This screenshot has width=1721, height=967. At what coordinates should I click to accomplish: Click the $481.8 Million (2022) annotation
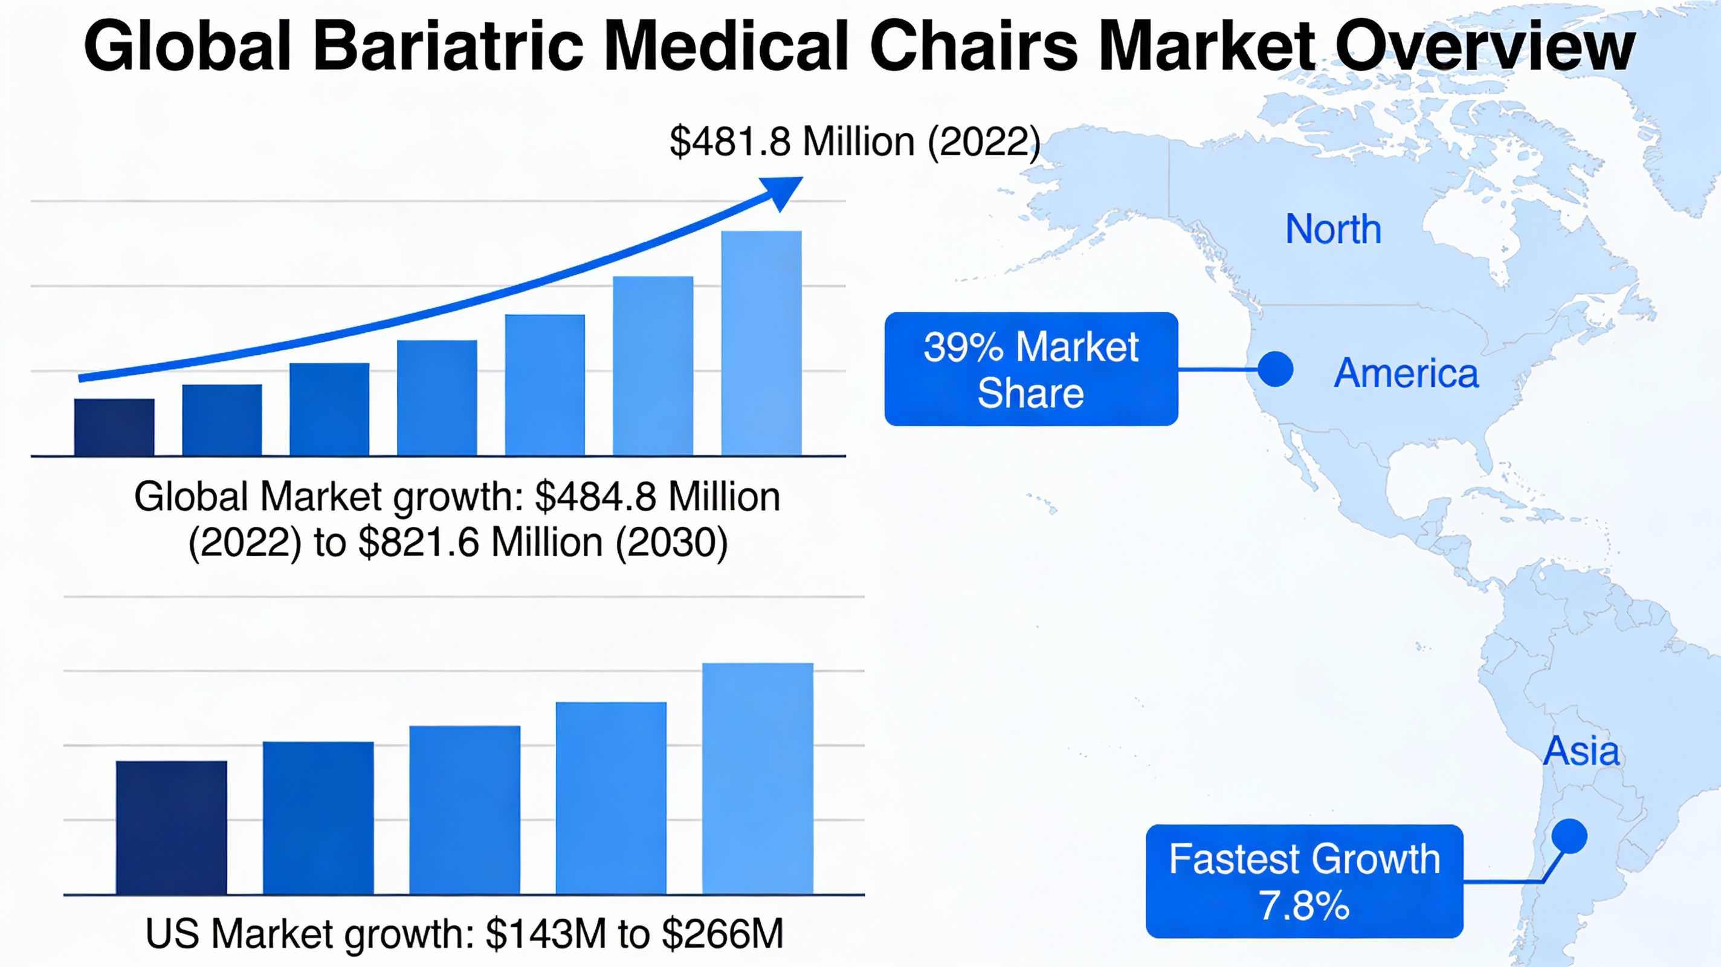pyautogui.click(x=855, y=141)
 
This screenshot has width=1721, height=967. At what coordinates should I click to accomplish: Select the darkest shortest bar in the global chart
pyautogui.click(x=114, y=428)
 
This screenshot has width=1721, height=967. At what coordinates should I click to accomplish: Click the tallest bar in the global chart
pyautogui.click(x=761, y=343)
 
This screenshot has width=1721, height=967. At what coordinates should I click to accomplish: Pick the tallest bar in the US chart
pyautogui.click(x=757, y=778)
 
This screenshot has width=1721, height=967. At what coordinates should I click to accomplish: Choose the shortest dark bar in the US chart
pyautogui.click(x=171, y=827)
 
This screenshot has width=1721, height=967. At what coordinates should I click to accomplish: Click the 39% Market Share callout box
pyautogui.click(x=1031, y=369)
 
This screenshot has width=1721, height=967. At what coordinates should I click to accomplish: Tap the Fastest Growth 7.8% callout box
pyautogui.click(x=1304, y=881)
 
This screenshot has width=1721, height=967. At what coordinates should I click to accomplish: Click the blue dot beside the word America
pyautogui.click(x=1276, y=369)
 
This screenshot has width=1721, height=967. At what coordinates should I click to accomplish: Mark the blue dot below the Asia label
pyautogui.click(x=1569, y=836)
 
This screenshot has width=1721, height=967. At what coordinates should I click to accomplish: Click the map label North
pyautogui.click(x=1334, y=229)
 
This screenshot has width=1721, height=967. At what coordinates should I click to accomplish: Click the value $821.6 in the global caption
pyautogui.click(x=418, y=542)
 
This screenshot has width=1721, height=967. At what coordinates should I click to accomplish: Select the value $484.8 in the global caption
pyautogui.click(x=596, y=497)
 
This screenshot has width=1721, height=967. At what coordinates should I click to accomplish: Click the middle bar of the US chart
pyautogui.click(x=464, y=810)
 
